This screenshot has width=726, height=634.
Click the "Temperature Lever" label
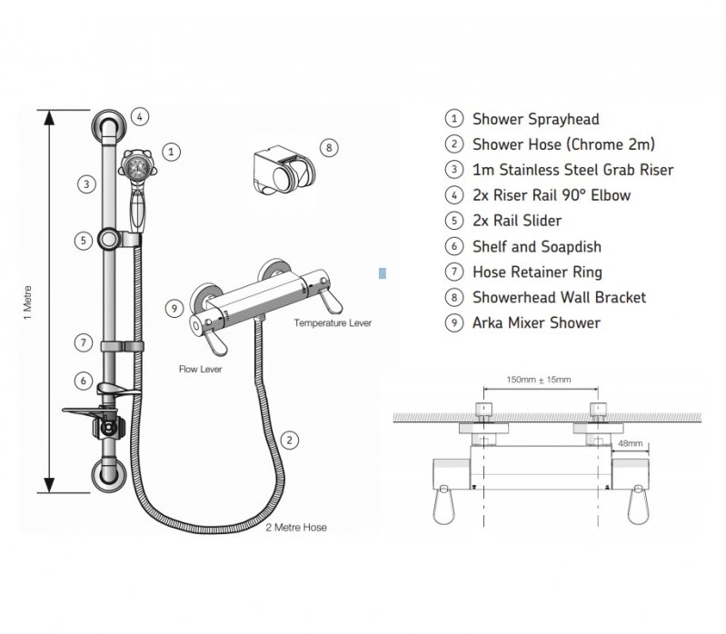pos(332,322)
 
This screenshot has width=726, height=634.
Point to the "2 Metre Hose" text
pos(295,527)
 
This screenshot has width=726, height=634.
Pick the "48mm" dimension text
pos(629,443)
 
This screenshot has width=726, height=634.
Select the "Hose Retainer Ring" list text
pos(537,272)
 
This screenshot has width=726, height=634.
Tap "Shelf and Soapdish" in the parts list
pos(536,246)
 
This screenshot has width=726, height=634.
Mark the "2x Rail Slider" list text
pos(516,221)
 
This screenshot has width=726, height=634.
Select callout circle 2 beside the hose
pos(289,441)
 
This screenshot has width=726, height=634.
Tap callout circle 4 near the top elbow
pos(139,116)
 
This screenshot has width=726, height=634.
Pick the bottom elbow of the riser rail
pos(108,475)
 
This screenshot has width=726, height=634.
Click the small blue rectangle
pos(383,272)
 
